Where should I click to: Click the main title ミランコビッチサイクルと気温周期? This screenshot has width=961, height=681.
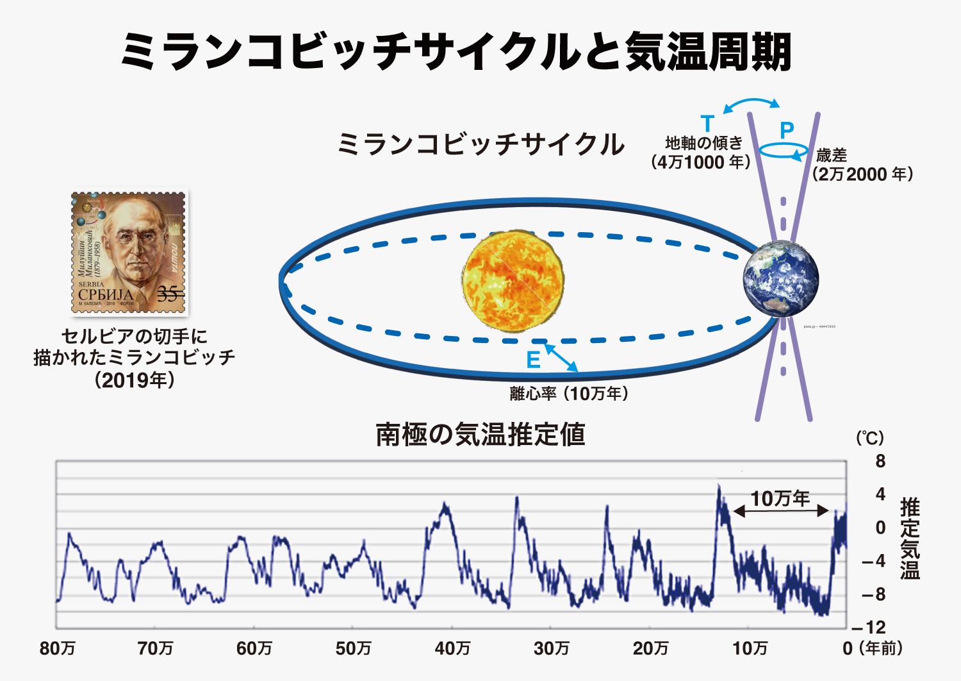(x=456, y=51)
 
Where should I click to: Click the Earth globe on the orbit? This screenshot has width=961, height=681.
(x=780, y=278)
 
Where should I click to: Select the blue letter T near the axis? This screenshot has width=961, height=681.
(x=707, y=123)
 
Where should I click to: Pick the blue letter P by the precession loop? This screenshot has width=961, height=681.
(x=787, y=130)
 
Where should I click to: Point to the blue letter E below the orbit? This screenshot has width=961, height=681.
(x=533, y=360)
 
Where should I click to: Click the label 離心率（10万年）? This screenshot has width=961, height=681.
(x=569, y=393)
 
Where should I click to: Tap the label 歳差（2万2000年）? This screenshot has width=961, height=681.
(x=862, y=165)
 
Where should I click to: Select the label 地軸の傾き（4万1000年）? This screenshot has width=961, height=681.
(x=701, y=153)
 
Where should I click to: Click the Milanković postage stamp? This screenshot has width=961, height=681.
(x=129, y=253)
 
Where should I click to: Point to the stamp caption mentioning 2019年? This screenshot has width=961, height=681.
(x=135, y=358)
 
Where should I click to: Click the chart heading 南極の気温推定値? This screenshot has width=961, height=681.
(x=481, y=435)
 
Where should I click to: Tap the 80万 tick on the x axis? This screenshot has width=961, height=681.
(x=58, y=648)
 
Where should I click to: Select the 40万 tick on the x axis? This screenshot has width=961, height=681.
(x=452, y=648)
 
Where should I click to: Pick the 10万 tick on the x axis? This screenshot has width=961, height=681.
(x=750, y=648)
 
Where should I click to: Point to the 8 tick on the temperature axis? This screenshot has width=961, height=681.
(x=880, y=461)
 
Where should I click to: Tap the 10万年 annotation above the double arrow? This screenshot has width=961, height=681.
(x=780, y=498)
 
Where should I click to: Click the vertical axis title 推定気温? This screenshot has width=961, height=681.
(x=910, y=539)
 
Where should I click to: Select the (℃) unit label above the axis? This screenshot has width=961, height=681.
(x=870, y=438)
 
